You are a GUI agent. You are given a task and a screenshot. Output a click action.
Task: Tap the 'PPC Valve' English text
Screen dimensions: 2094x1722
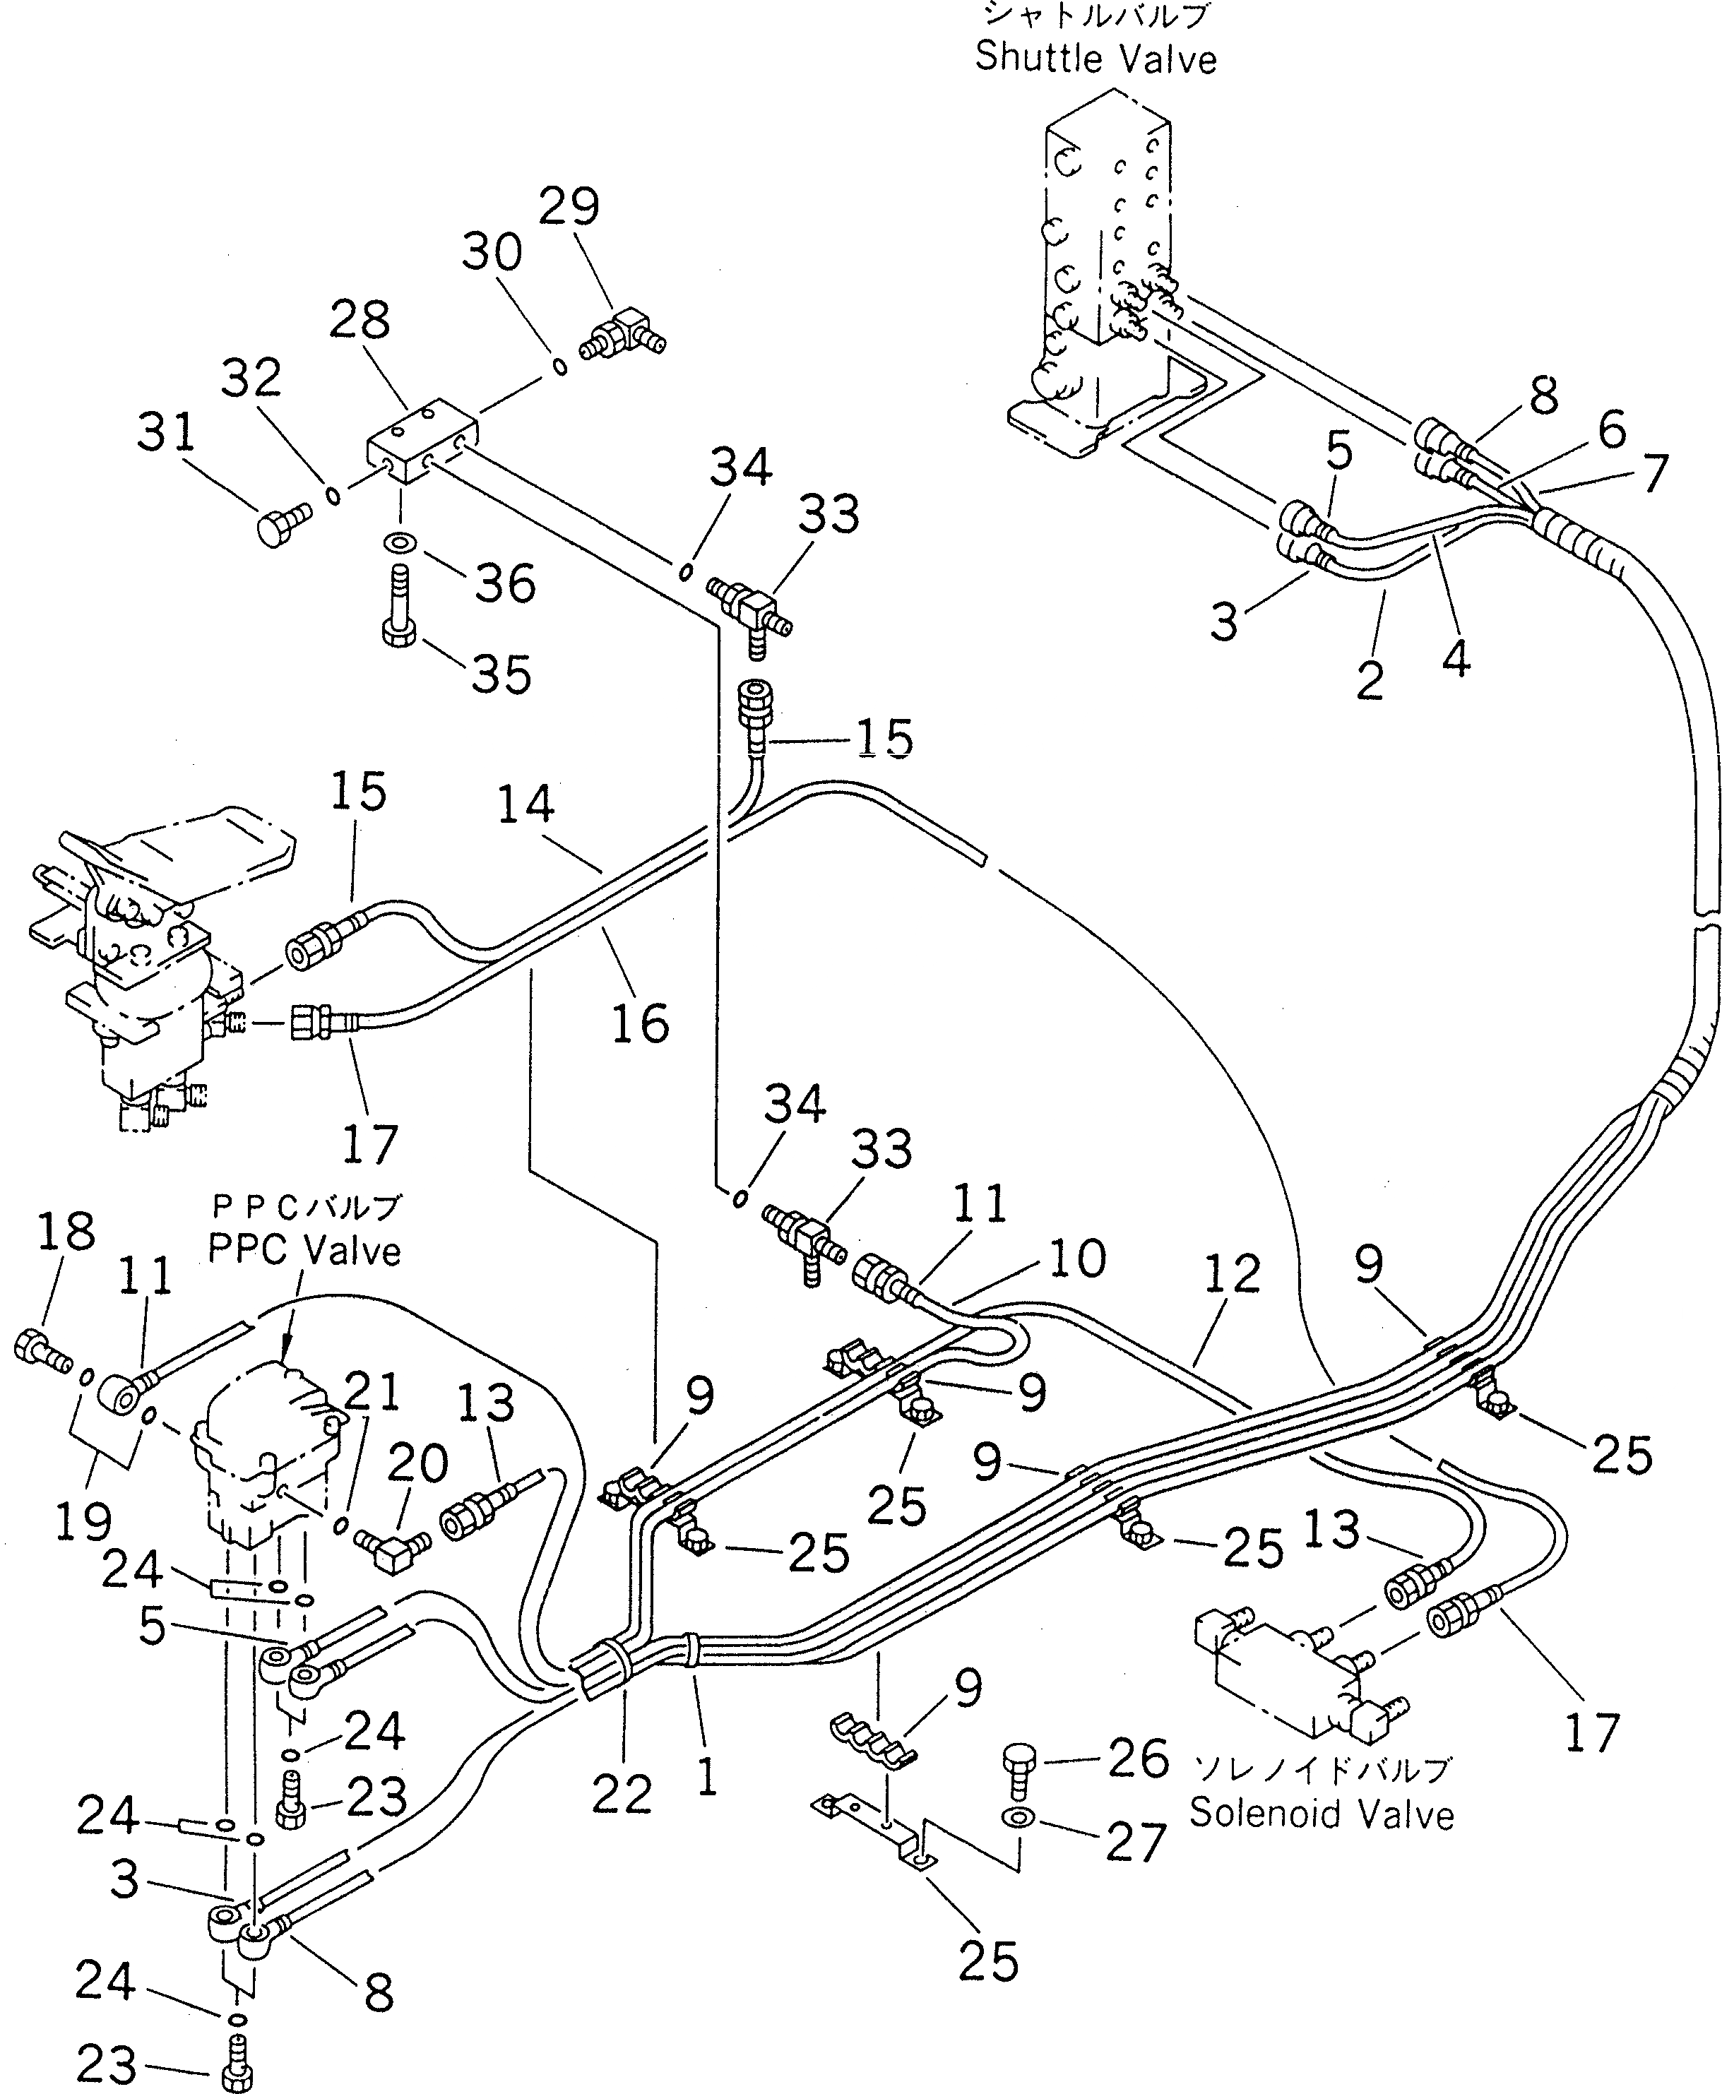click(x=304, y=1251)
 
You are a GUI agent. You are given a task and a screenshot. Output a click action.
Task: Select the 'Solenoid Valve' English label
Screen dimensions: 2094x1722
click(x=1322, y=1814)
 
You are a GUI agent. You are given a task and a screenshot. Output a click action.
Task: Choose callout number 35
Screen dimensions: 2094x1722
click(x=501, y=674)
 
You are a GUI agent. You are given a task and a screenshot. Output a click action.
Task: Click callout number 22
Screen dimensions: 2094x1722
click(x=622, y=1793)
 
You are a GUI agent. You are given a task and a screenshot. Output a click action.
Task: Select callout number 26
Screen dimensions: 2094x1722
click(x=1138, y=1758)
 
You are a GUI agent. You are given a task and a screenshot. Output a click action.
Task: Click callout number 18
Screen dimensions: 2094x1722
click(x=66, y=1231)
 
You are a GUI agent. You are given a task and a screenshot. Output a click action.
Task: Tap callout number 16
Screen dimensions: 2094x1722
click(x=640, y=1023)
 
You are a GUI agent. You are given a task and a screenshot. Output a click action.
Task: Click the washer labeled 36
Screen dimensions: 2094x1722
click(x=400, y=544)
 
